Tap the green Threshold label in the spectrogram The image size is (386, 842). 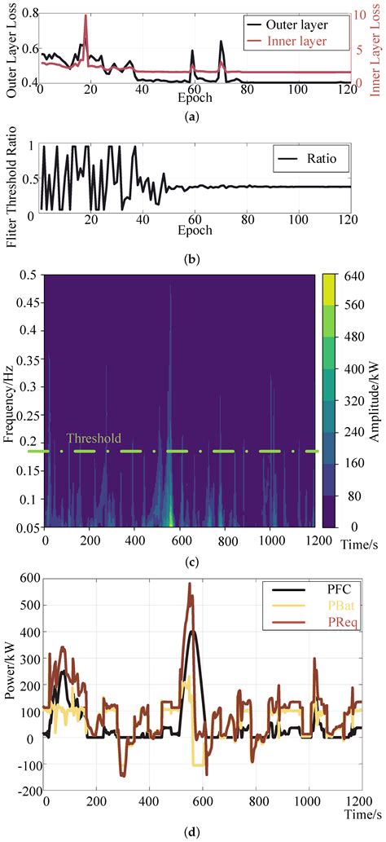click(x=94, y=439)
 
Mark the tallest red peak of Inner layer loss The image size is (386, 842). click(x=86, y=16)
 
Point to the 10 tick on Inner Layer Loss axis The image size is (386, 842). click(x=358, y=14)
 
